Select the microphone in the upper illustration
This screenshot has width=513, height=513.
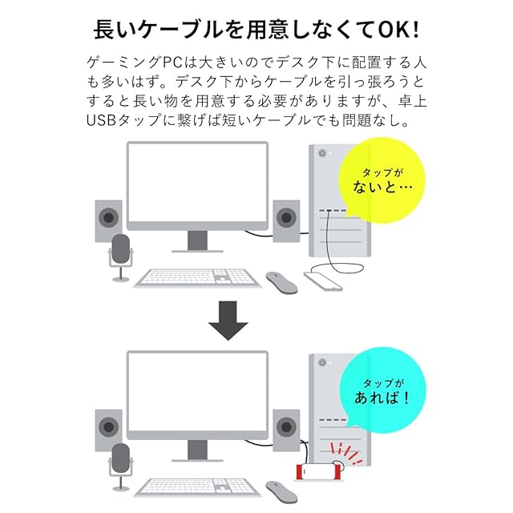[121, 255]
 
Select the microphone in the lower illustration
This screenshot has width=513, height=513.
[121, 463]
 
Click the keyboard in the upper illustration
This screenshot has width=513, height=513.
[197, 277]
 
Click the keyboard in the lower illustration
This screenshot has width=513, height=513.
[197, 487]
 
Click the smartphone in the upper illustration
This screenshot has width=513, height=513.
[324, 281]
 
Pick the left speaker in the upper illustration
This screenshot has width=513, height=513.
[109, 220]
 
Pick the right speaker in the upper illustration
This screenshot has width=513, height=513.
[286, 217]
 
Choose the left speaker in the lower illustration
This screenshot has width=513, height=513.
[109, 429]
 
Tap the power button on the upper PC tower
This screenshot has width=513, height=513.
[322, 154]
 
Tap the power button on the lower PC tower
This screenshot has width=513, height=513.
[322, 362]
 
